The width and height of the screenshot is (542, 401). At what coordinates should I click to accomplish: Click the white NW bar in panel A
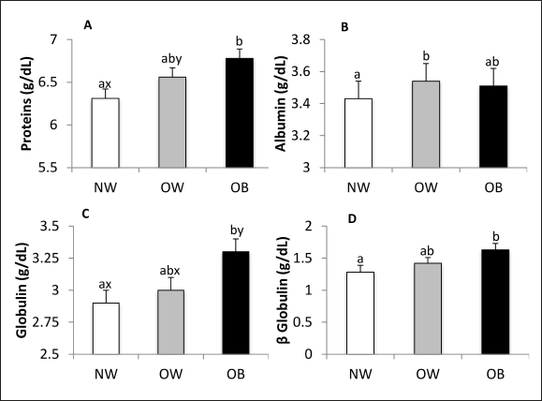(104, 132)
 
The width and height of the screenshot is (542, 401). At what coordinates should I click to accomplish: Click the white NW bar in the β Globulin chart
(360, 313)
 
